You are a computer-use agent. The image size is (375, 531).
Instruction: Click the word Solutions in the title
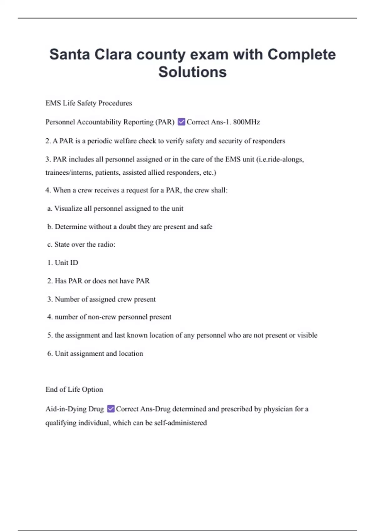pyautogui.click(x=192, y=72)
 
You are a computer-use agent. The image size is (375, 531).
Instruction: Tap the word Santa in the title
pyautogui.click(x=70, y=54)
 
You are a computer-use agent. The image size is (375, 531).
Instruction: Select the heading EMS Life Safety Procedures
pyautogui.click(x=88, y=103)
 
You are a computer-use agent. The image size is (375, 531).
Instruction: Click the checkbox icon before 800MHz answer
pyautogui.click(x=181, y=122)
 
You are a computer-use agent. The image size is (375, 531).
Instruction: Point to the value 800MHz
pyautogui.click(x=246, y=122)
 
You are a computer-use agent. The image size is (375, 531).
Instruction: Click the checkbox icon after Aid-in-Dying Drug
pyautogui.click(x=111, y=409)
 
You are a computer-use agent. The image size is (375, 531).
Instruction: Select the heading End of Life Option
pyautogui.click(x=74, y=390)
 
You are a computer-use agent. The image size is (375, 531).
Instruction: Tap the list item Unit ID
pyautogui.click(x=62, y=263)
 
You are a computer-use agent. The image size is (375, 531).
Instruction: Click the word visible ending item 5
pyautogui.click(x=307, y=335)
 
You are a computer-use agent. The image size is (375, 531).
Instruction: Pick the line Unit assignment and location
pyautogui.click(x=95, y=354)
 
